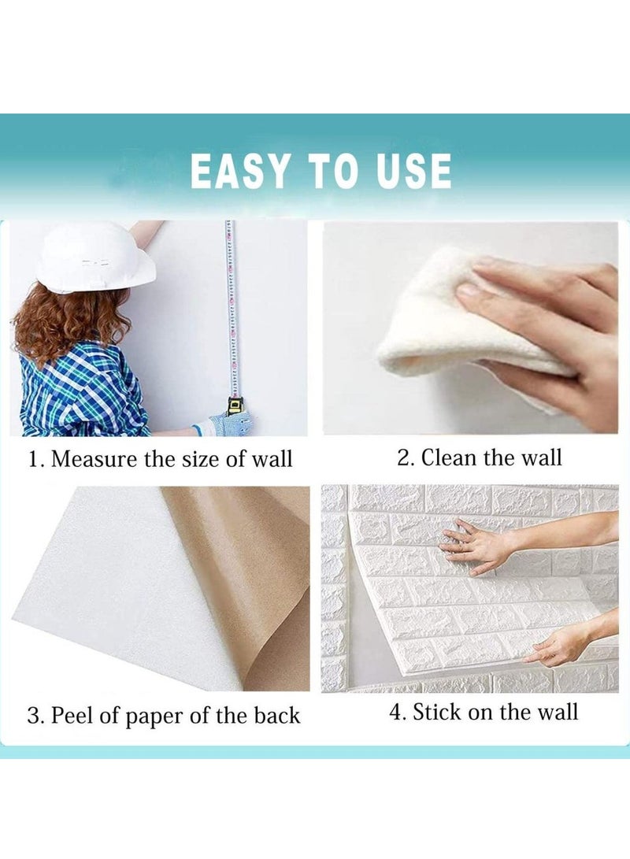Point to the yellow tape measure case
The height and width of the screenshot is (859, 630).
point(235,406)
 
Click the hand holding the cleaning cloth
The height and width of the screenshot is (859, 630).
point(551,315)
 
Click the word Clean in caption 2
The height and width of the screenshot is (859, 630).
point(455,458)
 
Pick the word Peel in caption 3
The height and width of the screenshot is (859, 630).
point(71,716)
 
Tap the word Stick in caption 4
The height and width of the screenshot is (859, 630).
point(438,713)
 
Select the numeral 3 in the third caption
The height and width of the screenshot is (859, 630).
point(33,716)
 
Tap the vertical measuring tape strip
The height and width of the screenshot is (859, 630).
point(230,307)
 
